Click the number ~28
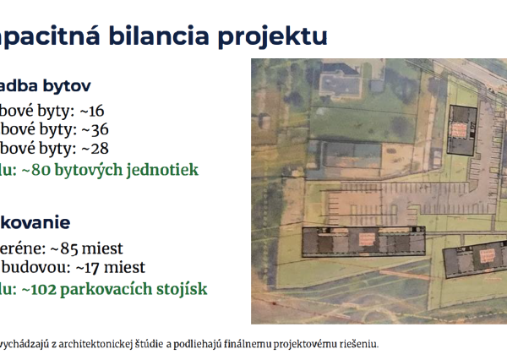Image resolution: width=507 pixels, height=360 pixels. coord(94,149)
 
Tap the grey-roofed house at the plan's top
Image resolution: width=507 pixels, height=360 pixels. coord(337,82)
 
